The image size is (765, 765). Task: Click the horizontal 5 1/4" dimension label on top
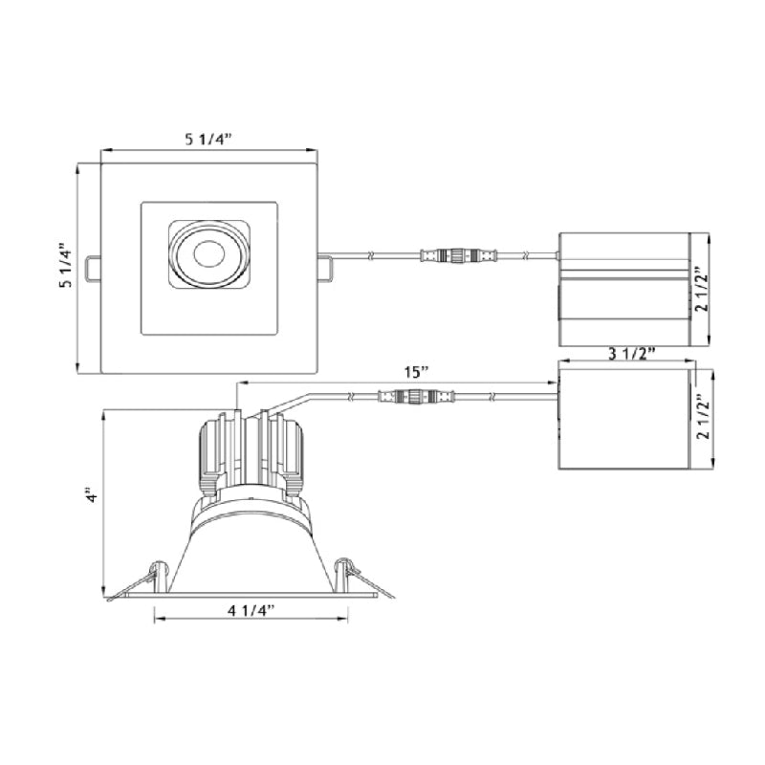pos(208,139)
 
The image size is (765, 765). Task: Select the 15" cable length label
pos(416,373)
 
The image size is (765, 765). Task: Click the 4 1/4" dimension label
pos(251,610)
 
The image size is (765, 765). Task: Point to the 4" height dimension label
pos(91,495)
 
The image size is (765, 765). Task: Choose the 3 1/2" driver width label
pos(631,353)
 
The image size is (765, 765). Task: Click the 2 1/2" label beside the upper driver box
pos(703,290)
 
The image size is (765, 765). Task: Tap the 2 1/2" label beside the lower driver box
pos(704,417)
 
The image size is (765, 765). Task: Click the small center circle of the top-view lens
pos(208,253)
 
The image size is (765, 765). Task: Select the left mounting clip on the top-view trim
pos(93,268)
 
